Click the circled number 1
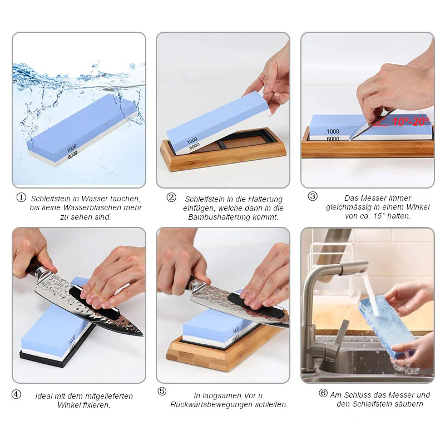pyautogui.click(x=21, y=197)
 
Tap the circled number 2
pyautogui.click(x=171, y=197)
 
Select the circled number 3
pyautogui.click(x=313, y=196)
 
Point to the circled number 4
pyautogui.click(x=16, y=394)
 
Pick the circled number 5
pyautogui.click(x=162, y=392)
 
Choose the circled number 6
pyautogui.click(x=323, y=393)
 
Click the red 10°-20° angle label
pyautogui.click(x=411, y=122)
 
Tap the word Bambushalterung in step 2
pyautogui.click(x=218, y=217)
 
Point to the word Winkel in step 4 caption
pyautogui.click(x=68, y=405)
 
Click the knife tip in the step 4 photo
pyautogui.click(x=142, y=335)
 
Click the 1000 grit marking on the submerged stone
pyautogui.click(x=72, y=148)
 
